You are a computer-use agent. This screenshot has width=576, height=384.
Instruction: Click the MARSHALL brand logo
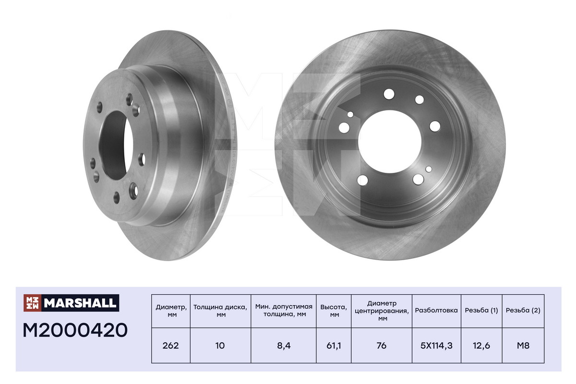pyautogui.click(x=71, y=302)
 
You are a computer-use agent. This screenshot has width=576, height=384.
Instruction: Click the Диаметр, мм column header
pyautogui.click(x=171, y=311)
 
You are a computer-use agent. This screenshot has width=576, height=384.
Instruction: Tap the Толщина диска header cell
pyautogui.click(x=220, y=311)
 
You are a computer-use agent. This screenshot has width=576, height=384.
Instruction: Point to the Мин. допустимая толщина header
pyautogui.click(x=283, y=311)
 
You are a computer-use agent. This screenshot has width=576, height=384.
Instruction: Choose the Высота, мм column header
pyautogui.click(x=334, y=311)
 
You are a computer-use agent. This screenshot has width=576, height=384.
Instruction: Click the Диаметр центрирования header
pyautogui.click(x=382, y=311)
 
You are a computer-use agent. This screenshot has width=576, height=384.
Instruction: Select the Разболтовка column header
pyautogui.click(x=436, y=311)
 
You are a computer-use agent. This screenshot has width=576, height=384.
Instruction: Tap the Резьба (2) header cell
pyautogui.click(x=523, y=311)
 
